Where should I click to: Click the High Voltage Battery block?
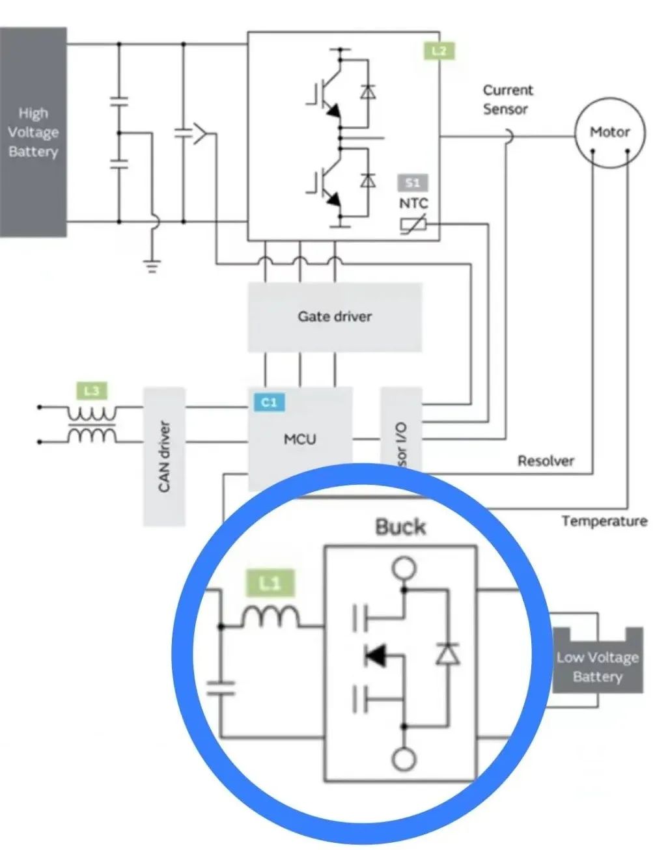coord(33,132)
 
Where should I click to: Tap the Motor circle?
coord(609,133)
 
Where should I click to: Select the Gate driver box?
coord(335,317)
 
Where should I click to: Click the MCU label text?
coord(300,439)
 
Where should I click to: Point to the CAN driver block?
coord(164,456)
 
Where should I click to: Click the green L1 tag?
coord(270,583)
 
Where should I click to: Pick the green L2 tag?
coord(439,51)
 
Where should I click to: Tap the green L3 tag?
coord(92,391)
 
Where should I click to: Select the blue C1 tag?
coord(269,402)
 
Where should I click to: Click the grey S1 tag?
coord(413,183)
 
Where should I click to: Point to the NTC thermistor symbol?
coord(413,225)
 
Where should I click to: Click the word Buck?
coord(400,527)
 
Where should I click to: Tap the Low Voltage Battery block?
coord(598,667)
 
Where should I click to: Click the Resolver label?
coord(546,461)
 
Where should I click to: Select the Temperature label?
coord(604,521)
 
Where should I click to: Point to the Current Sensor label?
coord(507,100)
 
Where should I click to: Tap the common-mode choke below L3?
coord(92,424)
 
